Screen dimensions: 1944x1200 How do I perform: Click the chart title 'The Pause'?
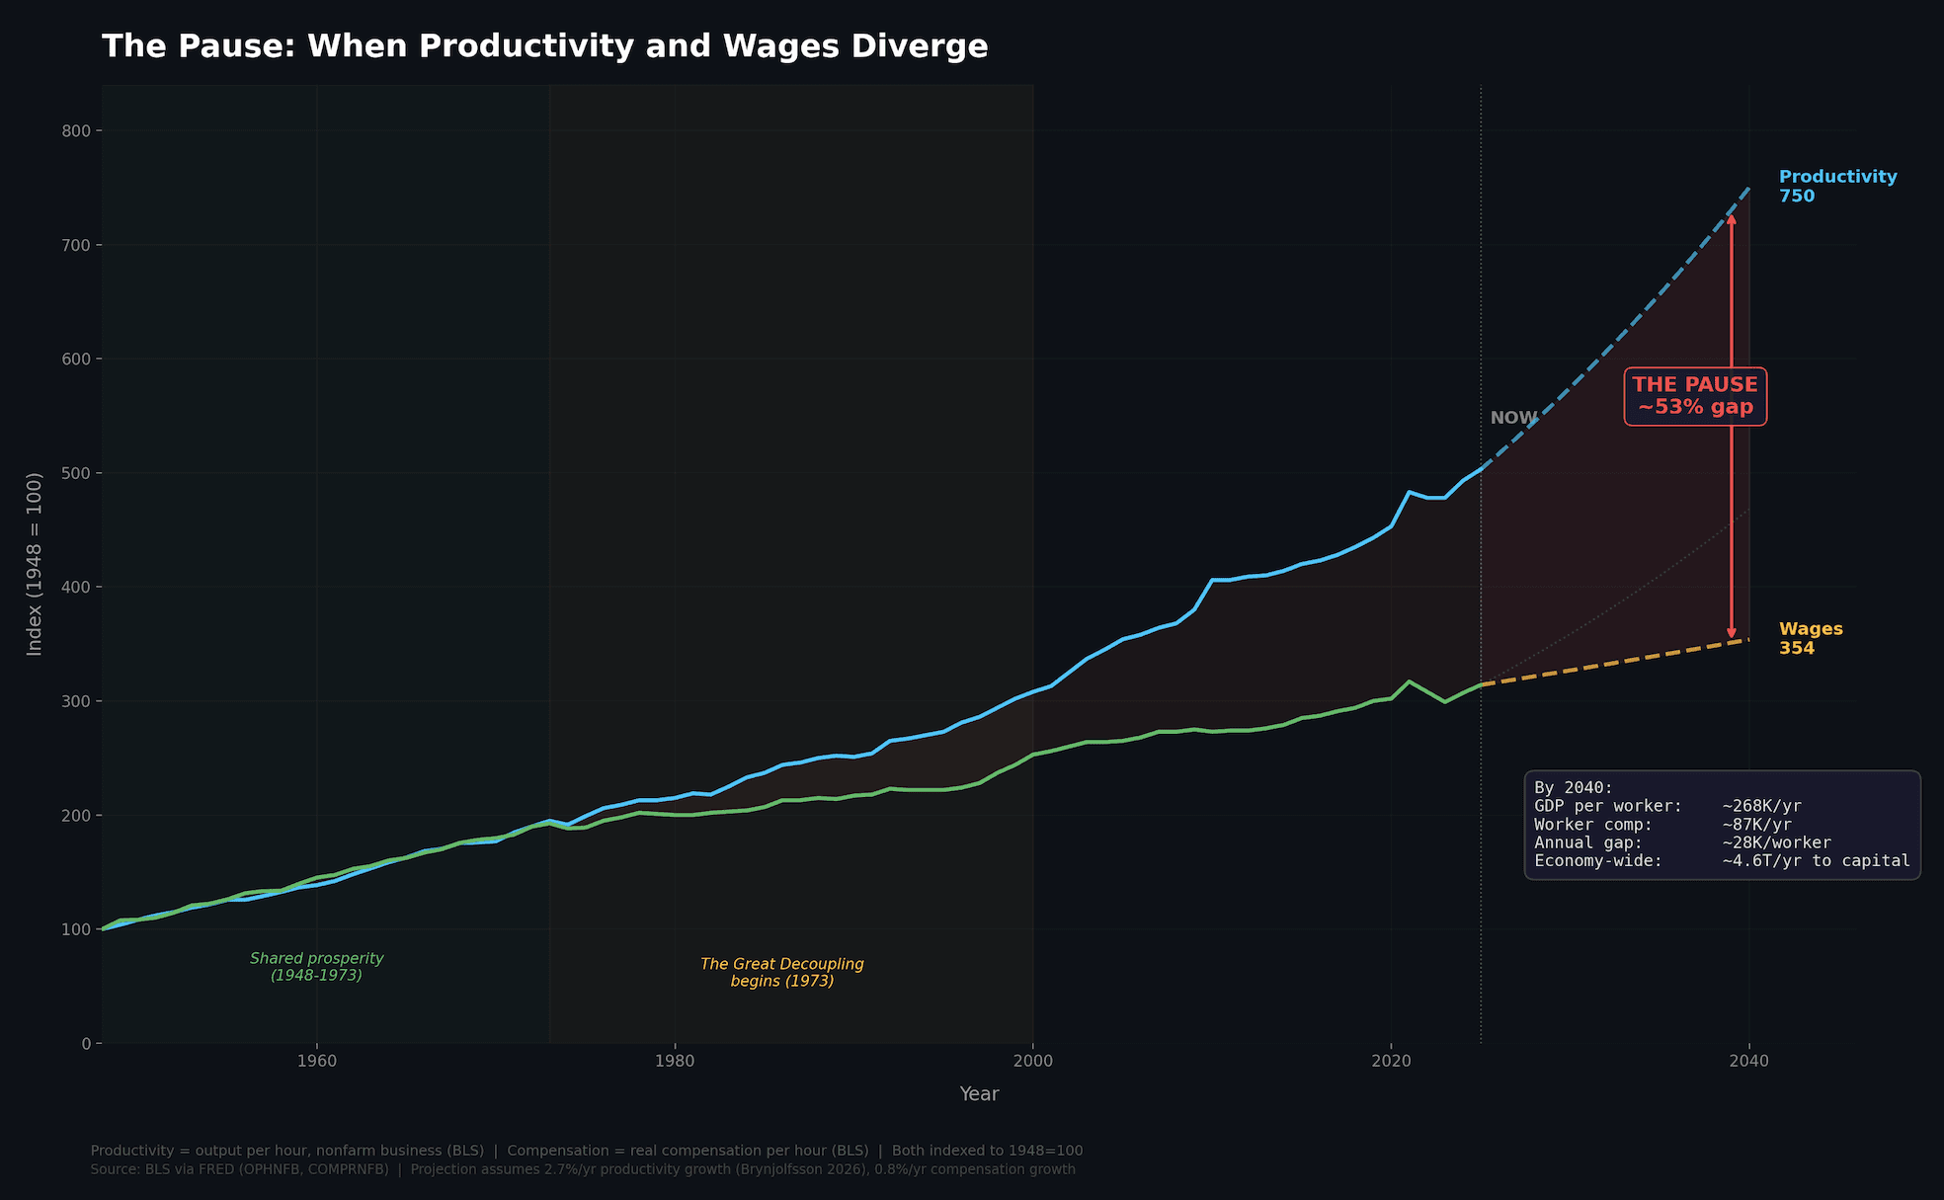[545, 46]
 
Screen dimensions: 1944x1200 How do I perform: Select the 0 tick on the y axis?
[86, 1044]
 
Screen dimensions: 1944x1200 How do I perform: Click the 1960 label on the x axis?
[316, 1062]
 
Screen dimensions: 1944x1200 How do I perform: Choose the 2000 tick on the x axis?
[1033, 1062]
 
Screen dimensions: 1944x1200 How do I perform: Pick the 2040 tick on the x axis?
[1749, 1062]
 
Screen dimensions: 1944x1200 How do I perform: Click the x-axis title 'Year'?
[979, 1094]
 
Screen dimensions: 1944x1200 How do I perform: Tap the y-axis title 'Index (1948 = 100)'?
[35, 564]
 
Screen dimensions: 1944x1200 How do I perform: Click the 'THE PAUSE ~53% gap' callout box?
[1695, 396]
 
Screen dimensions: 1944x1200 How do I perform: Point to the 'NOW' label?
[1513, 418]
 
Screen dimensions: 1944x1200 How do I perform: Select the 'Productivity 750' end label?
[1837, 186]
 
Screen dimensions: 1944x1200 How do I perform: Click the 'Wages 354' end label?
[1810, 638]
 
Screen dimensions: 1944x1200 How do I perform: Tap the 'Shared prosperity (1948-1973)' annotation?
[316, 967]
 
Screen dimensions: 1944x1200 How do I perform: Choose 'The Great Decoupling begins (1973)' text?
[782, 973]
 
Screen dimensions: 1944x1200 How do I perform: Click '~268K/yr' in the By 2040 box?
[1761, 806]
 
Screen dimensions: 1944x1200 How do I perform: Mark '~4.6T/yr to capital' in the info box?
[1816, 861]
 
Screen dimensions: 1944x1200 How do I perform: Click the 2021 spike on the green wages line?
[1409, 681]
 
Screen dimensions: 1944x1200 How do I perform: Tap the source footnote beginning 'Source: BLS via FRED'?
[583, 1169]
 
